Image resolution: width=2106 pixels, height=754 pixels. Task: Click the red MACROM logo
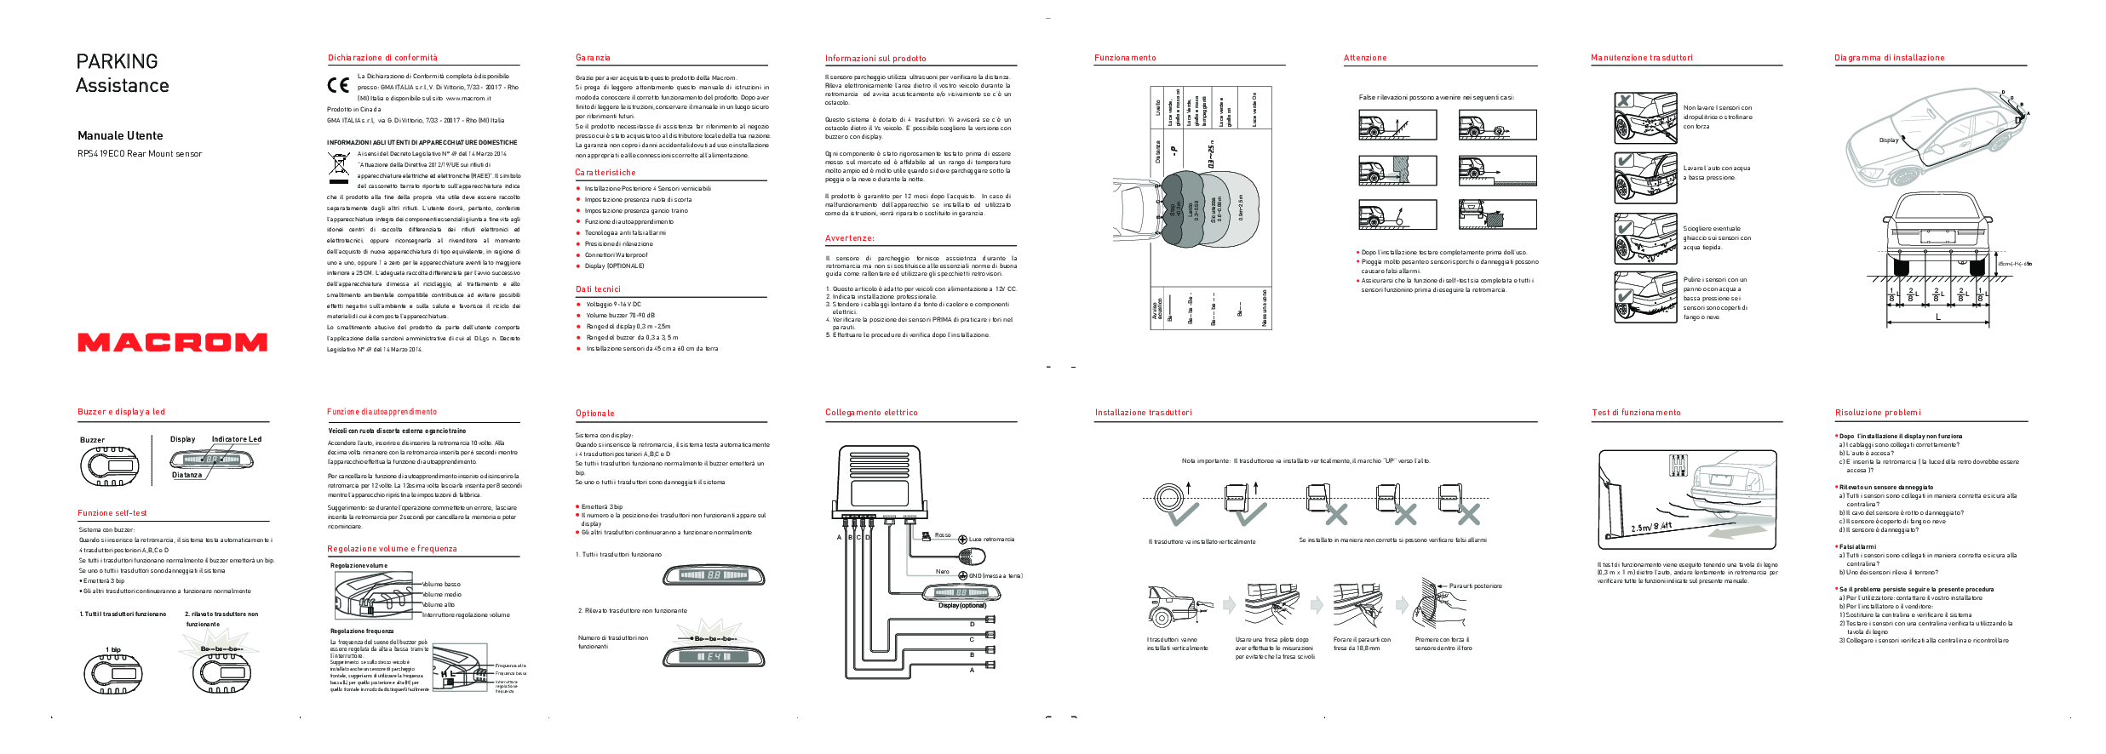[172, 342]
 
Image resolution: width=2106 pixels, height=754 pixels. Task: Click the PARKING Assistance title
[122, 73]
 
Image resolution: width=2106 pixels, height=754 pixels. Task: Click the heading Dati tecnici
[598, 289]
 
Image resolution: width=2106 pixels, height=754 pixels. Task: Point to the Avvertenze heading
[849, 238]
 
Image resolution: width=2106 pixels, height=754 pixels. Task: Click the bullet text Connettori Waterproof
[616, 254]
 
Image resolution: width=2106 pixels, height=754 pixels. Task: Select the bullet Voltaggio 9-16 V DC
[613, 304]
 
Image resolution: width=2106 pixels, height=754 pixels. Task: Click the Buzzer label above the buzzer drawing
[92, 440]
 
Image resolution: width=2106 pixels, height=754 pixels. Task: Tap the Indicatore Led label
[236, 439]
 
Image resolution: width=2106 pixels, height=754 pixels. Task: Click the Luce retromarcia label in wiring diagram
[991, 540]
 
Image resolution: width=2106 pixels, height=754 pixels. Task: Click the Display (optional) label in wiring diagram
[961, 605]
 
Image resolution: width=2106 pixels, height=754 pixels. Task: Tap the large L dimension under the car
[1938, 317]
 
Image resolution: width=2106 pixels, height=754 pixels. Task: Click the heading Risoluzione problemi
[1877, 413]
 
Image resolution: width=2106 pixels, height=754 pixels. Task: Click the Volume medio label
[442, 594]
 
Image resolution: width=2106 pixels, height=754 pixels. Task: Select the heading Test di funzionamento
[1636, 413]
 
